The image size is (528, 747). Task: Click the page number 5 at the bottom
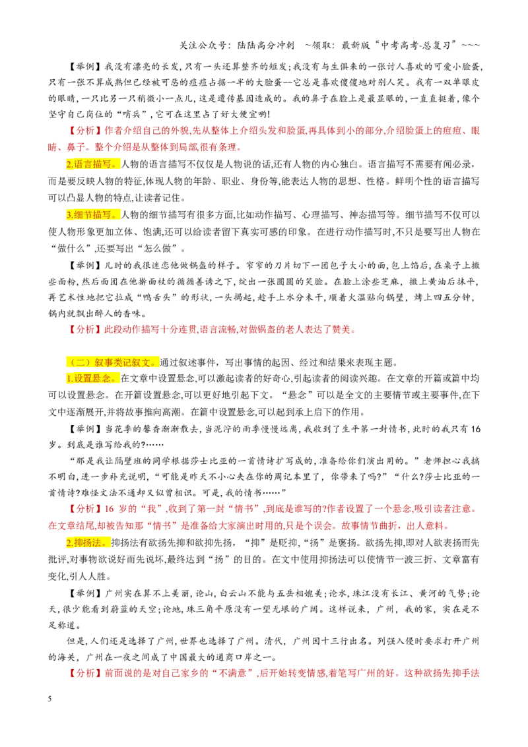tap(49, 699)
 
